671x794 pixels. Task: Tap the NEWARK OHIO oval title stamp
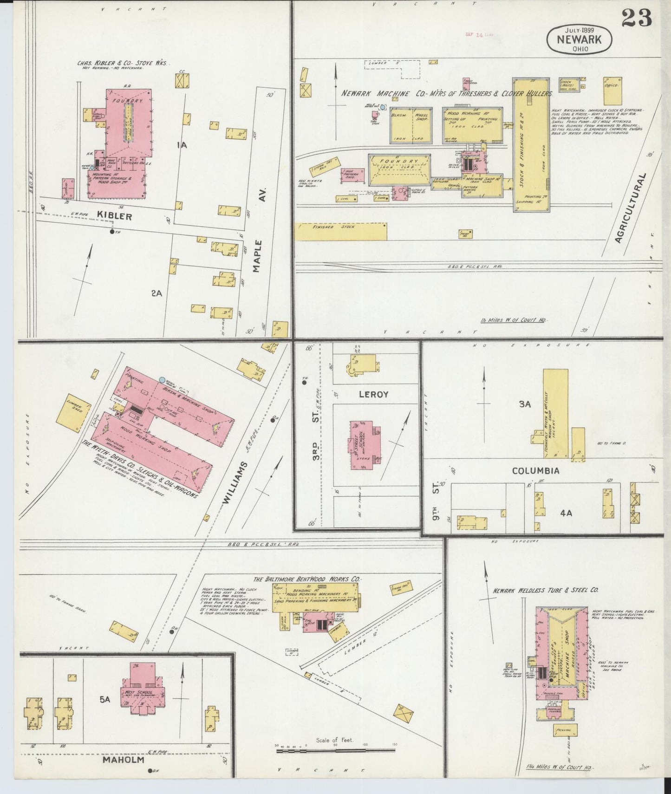coord(579,39)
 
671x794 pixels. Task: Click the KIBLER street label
coord(114,216)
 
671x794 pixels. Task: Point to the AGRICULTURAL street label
coord(631,208)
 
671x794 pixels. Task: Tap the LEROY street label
coord(373,394)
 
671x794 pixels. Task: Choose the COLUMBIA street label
coord(535,470)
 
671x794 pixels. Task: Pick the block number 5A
coord(105,700)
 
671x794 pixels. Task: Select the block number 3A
coord(525,404)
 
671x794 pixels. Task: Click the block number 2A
coord(156,293)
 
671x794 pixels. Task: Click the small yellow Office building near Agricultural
coord(612,91)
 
